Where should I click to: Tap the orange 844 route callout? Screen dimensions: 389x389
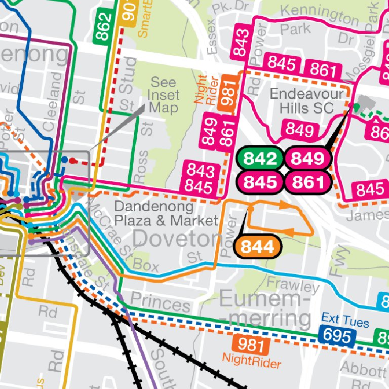point(257,247)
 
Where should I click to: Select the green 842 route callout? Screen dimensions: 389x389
point(261,159)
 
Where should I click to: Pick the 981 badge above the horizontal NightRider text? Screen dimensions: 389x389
point(250,345)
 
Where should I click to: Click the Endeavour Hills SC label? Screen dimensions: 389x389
point(302,101)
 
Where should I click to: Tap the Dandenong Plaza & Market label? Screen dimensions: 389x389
point(166,213)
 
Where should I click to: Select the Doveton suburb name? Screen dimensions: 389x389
point(175,238)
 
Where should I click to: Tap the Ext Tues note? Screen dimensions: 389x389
point(345,321)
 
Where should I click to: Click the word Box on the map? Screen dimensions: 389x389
point(146,266)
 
